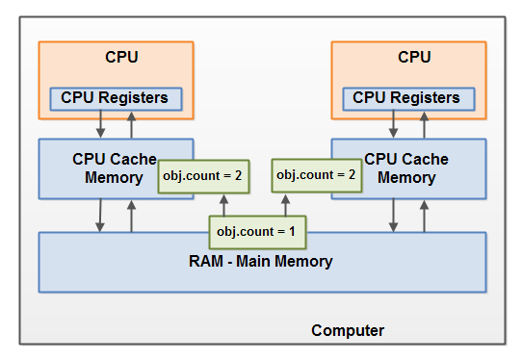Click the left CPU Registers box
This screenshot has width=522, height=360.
point(115,98)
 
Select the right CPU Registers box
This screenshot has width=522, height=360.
point(406,98)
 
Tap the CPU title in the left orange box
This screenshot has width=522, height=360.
point(121,57)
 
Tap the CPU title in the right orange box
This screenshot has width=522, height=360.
point(413,57)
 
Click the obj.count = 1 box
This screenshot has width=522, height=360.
point(257,232)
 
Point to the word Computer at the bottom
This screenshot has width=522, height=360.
point(348,331)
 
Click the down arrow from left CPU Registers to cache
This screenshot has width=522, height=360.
point(100,125)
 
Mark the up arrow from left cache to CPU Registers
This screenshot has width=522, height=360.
point(132,125)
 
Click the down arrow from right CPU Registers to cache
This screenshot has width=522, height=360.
point(392,125)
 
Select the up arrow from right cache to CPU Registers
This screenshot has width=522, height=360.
point(424,125)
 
